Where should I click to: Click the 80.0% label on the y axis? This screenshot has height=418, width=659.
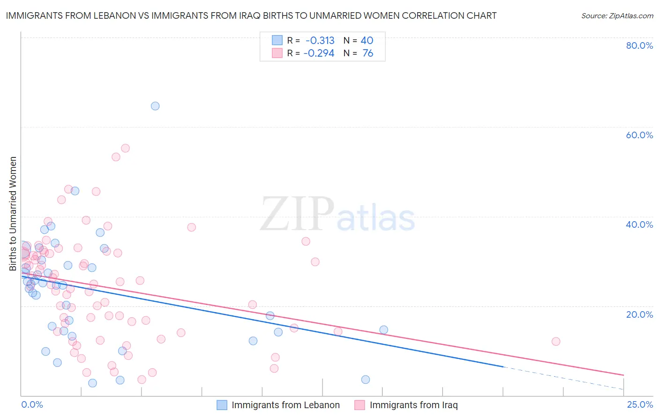pyautogui.click(x=639, y=45)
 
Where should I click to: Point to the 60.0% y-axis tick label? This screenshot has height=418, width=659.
pyautogui.click(x=639, y=135)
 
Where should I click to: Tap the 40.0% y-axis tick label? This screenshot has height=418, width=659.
pyautogui.click(x=639, y=224)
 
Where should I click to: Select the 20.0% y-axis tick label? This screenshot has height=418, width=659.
pyautogui.click(x=639, y=314)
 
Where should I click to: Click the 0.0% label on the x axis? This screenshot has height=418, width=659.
pyautogui.click(x=32, y=404)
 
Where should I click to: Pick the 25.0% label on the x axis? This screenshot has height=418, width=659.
pyautogui.click(x=640, y=404)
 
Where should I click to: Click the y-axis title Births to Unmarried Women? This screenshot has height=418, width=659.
pyautogui.click(x=13, y=214)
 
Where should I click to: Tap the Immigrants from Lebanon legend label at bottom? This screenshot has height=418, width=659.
pyautogui.click(x=285, y=405)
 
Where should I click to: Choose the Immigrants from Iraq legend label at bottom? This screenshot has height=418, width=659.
pyautogui.click(x=413, y=405)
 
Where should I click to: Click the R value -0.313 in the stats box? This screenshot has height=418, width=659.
pyautogui.click(x=320, y=41)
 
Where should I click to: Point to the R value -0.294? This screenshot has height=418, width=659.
pyautogui.click(x=319, y=53)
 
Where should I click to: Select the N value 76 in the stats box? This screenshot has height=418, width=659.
pyautogui.click(x=368, y=53)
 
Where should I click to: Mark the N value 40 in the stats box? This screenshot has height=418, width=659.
pyautogui.click(x=367, y=41)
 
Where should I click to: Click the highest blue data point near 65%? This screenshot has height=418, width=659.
pyautogui.click(x=155, y=106)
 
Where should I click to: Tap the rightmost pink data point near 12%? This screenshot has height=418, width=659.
pyautogui.click(x=556, y=342)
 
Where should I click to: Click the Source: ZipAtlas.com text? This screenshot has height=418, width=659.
pyautogui.click(x=617, y=16)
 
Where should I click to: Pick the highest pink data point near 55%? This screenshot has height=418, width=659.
pyautogui.click(x=125, y=148)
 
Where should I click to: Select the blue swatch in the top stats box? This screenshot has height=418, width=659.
pyautogui.click(x=277, y=40)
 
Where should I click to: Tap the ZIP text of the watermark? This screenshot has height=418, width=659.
pyautogui.click(x=297, y=214)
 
